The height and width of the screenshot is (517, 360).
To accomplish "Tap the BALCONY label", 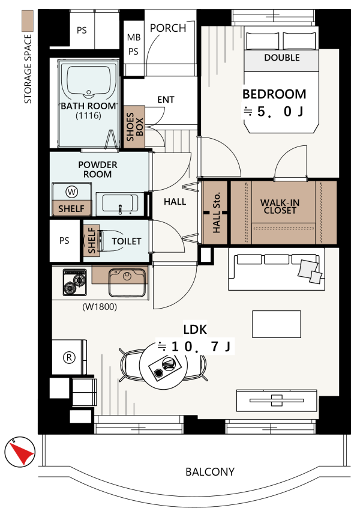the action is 210,472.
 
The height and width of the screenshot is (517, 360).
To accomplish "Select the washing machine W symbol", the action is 71,192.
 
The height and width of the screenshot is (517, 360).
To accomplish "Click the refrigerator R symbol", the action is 69,357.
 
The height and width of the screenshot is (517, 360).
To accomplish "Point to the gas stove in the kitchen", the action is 75,282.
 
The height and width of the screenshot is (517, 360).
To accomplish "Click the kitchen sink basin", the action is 127,282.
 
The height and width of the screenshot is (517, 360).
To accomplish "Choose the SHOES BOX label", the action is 134,127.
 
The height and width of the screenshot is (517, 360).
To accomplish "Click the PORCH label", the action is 168,28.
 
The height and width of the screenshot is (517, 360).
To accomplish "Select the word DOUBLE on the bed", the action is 282,58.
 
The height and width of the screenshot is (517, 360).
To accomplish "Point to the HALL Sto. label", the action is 216,213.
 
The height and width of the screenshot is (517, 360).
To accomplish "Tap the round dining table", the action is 163,366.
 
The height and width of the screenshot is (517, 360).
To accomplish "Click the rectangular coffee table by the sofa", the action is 277,324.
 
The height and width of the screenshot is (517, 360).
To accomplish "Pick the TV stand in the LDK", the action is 277,401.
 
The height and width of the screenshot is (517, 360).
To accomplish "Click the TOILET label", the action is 127,241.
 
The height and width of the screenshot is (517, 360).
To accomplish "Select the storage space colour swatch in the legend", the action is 28,21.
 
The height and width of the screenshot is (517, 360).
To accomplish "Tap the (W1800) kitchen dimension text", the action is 100,307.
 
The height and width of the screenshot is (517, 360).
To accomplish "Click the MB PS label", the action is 134,44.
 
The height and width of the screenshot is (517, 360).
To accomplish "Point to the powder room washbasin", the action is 120,204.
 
